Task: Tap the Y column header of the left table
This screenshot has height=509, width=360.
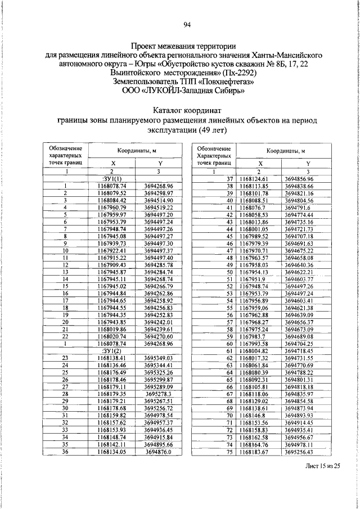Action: pos(159,163)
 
